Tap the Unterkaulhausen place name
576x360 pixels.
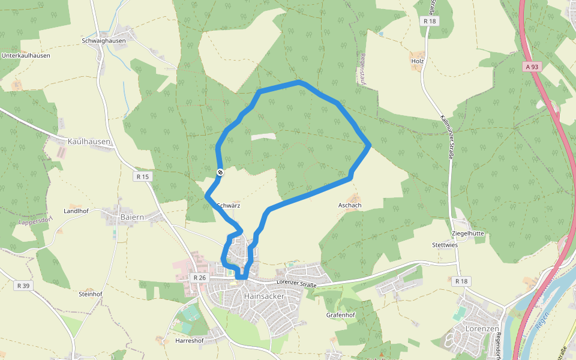click(x=26, y=55)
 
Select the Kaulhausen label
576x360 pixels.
click(x=89, y=142)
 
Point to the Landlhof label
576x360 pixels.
click(x=76, y=211)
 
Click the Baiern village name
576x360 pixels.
click(x=133, y=216)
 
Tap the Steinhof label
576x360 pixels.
click(x=91, y=294)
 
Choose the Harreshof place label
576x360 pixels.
click(x=190, y=341)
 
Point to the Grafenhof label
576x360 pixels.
click(x=341, y=315)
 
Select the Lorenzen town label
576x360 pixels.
click(x=482, y=329)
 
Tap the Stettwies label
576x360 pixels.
click(x=445, y=245)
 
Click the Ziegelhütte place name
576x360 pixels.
click(x=467, y=233)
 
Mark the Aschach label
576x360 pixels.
click(x=350, y=205)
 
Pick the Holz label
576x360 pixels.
click(x=418, y=61)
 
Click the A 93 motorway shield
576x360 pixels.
click(x=531, y=67)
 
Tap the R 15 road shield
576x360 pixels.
click(x=142, y=176)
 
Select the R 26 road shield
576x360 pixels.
click(x=200, y=278)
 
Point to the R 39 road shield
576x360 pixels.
click(x=23, y=286)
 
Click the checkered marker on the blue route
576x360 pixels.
click(x=220, y=173)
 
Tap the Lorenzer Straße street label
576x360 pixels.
click(x=296, y=283)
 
